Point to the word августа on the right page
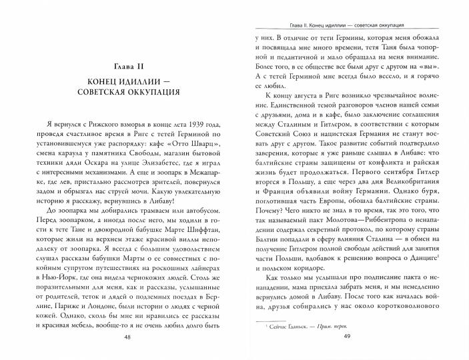coord(318,101)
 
